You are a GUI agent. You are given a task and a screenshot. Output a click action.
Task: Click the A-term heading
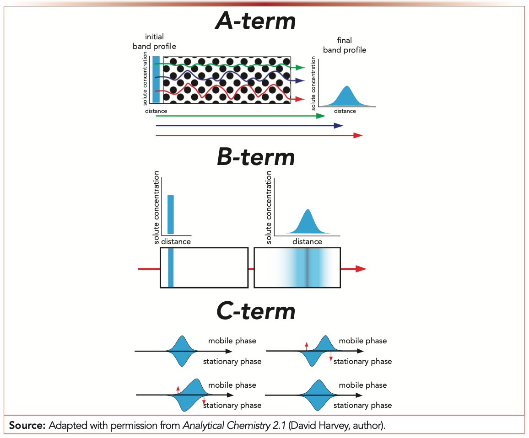[x=256, y=21]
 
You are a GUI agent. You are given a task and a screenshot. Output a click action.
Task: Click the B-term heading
[x=256, y=157]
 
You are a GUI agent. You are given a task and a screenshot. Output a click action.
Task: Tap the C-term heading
[x=256, y=311]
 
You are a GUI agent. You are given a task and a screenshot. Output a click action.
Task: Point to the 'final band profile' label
[x=345, y=45]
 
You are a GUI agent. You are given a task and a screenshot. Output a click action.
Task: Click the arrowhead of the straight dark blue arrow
[x=339, y=126]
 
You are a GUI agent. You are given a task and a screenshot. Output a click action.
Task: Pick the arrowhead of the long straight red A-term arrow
[x=358, y=135]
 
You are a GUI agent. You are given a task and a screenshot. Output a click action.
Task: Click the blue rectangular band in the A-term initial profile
[x=156, y=79]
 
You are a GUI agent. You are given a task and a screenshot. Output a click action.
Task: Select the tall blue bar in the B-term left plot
[x=171, y=214]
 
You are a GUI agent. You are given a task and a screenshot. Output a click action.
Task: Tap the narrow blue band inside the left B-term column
[x=171, y=268]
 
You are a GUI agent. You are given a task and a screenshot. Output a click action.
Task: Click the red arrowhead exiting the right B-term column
[x=361, y=269]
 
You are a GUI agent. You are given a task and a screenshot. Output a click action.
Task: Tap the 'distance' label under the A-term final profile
[x=345, y=111]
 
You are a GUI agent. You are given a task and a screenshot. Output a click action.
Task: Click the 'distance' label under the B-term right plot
[x=307, y=241]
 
